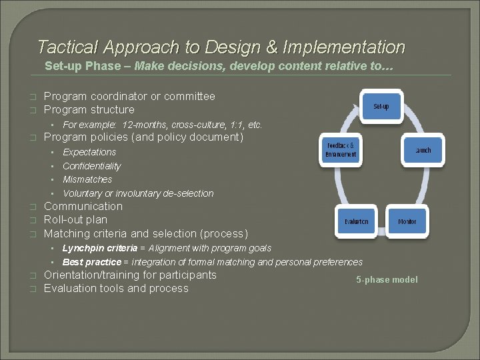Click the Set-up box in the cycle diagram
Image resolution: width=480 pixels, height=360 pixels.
[381, 107]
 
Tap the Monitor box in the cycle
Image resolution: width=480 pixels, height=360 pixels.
[407, 221]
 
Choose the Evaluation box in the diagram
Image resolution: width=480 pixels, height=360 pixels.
[356, 221]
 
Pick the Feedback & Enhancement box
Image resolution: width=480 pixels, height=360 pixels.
[340, 150]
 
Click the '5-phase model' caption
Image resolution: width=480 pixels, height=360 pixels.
[387, 279]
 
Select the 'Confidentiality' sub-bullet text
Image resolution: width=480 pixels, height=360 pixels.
[92, 166]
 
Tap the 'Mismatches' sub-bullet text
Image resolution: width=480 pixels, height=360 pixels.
[87, 179]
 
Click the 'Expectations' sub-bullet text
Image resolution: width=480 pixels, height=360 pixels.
[89, 152]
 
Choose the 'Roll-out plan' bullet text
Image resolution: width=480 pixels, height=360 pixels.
[75, 219]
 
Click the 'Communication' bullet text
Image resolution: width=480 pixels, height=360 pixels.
[83, 206]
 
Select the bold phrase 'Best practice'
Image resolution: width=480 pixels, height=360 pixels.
[92, 262]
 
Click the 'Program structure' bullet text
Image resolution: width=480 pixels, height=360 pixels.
[89, 109]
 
